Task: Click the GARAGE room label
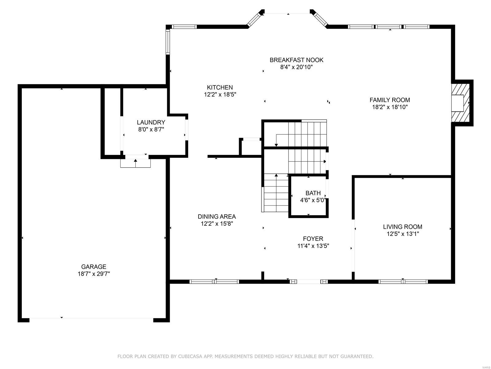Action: (x=94, y=267)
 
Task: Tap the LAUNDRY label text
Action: (x=151, y=122)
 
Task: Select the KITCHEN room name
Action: (x=220, y=87)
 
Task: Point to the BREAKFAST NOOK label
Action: (x=296, y=60)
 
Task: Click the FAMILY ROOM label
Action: (x=390, y=100)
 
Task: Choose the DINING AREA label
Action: (x=217, y=217)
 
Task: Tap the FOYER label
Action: (x=313, y=239)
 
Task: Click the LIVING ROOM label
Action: (x=403, y=227)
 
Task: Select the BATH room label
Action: (x=313, y=193)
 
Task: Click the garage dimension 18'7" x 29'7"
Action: (x=94, y=274)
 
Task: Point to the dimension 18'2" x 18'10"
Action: (x=390, y=107)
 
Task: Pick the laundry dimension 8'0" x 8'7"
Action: (x=151, y=129)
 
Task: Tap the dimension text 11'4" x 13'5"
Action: (x=313, y=246)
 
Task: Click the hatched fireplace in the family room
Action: (x=460, y=103)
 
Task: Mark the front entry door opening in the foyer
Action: (x=309, y=282)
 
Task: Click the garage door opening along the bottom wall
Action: (x=91, y=318)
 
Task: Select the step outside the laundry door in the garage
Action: (x=135, y=163)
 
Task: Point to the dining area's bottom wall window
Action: (x=214, y=282)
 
